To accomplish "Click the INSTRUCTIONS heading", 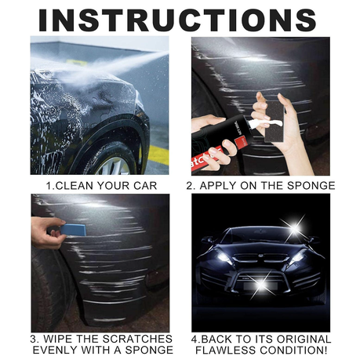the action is click(x=177, y=20).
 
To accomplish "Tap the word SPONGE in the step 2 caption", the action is click(x=311, y=185).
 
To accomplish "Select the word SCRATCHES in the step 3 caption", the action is click(x=137, y=339).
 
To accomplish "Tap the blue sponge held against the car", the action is click(x=74, y=230).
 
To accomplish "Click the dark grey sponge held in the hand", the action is click(x=275, y=121).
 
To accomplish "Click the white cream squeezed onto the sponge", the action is click(x=265, y=123).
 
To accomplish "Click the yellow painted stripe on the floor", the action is click(x=158, y=155).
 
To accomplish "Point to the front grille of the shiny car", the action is click(x=260, y=257).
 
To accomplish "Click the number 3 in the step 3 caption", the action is click(x=34, y=339).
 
